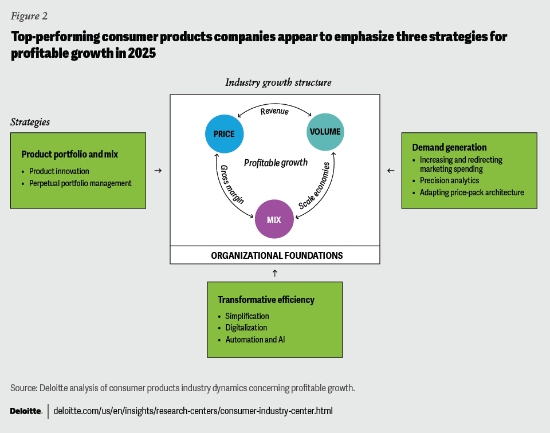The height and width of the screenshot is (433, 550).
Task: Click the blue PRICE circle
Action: click(224, 134)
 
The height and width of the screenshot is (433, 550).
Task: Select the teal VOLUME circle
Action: click(325, 132)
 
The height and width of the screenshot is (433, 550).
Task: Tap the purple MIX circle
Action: click(274, 219)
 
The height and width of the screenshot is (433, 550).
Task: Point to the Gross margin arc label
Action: click(232, 184)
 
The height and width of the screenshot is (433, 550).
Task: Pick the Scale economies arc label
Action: click(314, 185)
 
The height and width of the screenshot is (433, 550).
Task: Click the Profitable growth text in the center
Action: click(276, 163)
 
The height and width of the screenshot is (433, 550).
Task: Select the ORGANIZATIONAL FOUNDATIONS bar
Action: click(274, 255)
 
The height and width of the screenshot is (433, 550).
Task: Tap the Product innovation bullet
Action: click(59, 171)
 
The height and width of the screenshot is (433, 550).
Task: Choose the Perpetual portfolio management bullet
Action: click(80, 183)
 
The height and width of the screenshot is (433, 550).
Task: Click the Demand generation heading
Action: click(449, 147)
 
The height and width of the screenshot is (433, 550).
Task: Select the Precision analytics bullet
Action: click(449, 180)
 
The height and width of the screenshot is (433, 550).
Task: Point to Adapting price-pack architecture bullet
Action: click(472, 192)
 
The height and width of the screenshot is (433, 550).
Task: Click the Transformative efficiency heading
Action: click(266, 300)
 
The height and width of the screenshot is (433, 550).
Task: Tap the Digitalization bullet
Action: click(246, 328)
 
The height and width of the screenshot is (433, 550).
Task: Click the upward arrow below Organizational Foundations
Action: click(274, 273)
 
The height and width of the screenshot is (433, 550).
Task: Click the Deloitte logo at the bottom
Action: click(26, 411)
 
